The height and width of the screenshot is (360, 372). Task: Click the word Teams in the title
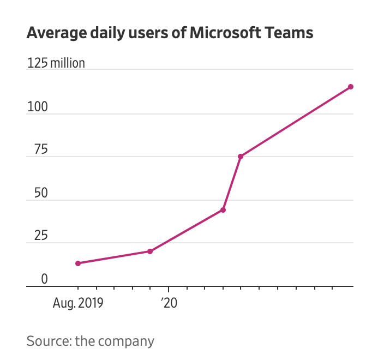tap(288, 33)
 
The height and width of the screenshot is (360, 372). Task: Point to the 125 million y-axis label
tap(56, 63)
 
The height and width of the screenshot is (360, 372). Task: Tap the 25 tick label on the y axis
tap(34, 236)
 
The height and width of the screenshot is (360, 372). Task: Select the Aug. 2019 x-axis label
tap(77, 303)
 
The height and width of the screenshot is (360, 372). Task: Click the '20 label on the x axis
tap(169, 303)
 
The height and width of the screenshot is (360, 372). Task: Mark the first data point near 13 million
tap(78, 263)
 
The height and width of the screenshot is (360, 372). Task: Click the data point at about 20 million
tap(150, 251)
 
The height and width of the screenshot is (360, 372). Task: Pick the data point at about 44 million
tap(223, 210)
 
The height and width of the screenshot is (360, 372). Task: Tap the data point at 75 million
tap(241, 157)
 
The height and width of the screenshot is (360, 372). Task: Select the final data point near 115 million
tap(351, 87)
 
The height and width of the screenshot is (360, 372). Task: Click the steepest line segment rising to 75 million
tap(232, 183)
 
